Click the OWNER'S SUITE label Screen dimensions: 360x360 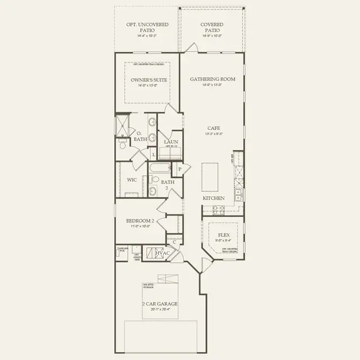tap(147, 80)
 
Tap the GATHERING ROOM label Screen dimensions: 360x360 tap(212, 79)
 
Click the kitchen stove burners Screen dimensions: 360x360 tap(218, 209)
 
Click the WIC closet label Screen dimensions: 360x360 tap(132, 180)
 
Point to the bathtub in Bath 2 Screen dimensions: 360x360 tap(159, 168)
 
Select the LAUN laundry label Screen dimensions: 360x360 tap(171, 142)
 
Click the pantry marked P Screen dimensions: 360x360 tap(179, 169)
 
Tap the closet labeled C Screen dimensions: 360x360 tap(175, 242)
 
